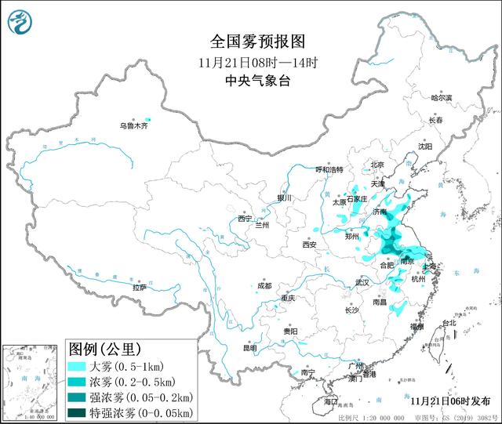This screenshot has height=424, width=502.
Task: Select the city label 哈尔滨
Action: pyautogui.click(x=442, y=98)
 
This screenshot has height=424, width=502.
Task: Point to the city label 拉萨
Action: pyautogui.click(x=139, y=288)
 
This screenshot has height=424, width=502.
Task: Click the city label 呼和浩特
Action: pyautogui.click(x=329, y=169)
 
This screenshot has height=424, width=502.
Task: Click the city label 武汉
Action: pyautogui.click(x=362, y=281)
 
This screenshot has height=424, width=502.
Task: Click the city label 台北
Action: pyautogui.click(x=448, y=323)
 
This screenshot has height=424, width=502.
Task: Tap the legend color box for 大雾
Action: pyautogui.click(x=78, y=366)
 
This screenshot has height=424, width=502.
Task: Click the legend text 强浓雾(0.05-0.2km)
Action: pyautogui.click(x=140, y=396)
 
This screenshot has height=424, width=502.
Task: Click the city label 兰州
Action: pyautogui.click(x=262, y=225)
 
